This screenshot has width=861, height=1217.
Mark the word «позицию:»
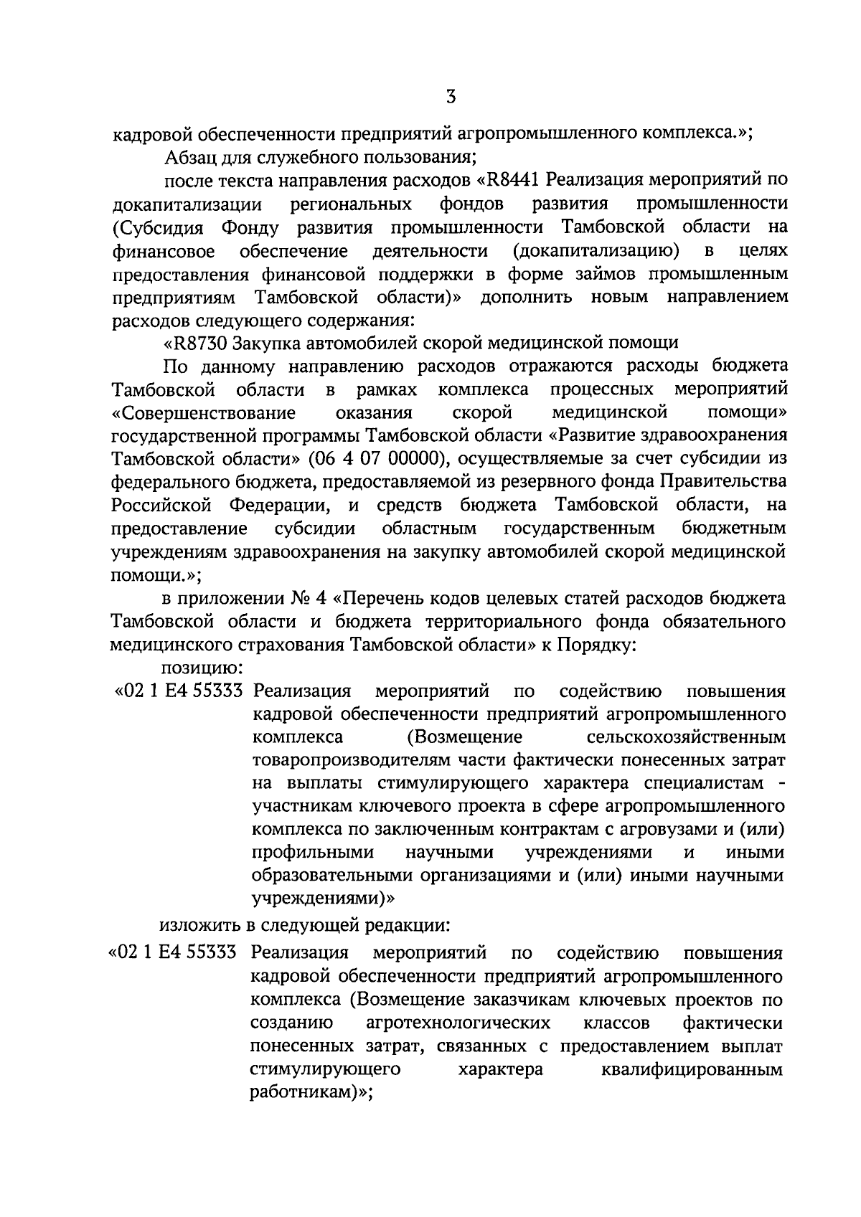click(202, 668)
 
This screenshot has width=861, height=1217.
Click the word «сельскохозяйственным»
click(685, 738)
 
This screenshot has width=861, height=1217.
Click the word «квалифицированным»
click(690, 1069)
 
